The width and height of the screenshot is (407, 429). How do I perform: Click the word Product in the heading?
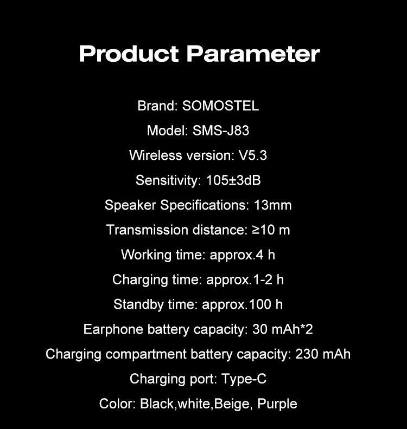tap(129, 54)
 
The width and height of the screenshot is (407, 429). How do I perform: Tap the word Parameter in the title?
tap(253, 54)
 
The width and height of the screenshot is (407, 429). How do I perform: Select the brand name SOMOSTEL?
tap(221, 106)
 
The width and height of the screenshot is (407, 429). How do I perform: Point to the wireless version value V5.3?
tap(253, 155)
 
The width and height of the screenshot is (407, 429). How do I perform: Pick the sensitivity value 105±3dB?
tap(238, 180)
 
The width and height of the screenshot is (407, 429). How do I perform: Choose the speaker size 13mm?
tap(273, 205)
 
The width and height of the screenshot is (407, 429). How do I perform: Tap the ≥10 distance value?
tap(264, 230)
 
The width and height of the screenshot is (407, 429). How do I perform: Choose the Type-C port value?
tap(244, 379)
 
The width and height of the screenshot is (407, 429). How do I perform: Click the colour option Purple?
tap(277, 404)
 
